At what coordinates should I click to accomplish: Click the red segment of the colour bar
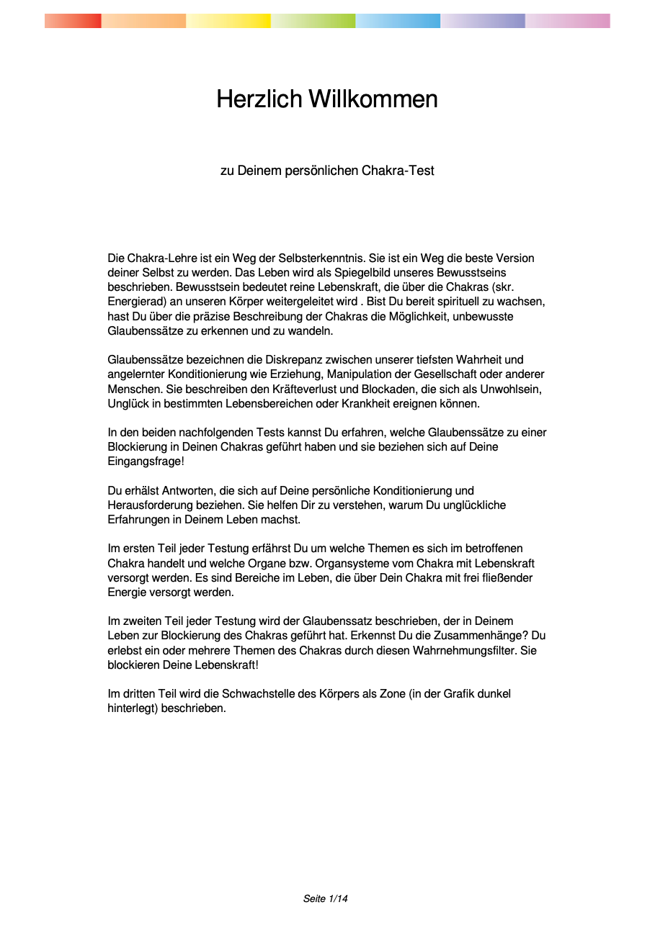click(73, 21)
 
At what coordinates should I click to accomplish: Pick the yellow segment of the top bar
click(228, 21)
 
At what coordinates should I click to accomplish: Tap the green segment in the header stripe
click(313, 21)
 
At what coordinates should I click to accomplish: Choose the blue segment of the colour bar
click(398, 21)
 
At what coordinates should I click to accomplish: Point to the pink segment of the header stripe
click(568, 21)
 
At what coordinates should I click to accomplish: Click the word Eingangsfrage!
click(146, 461)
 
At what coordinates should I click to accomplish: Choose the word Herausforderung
click(150, 505)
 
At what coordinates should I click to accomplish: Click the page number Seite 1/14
click(326, 899)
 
